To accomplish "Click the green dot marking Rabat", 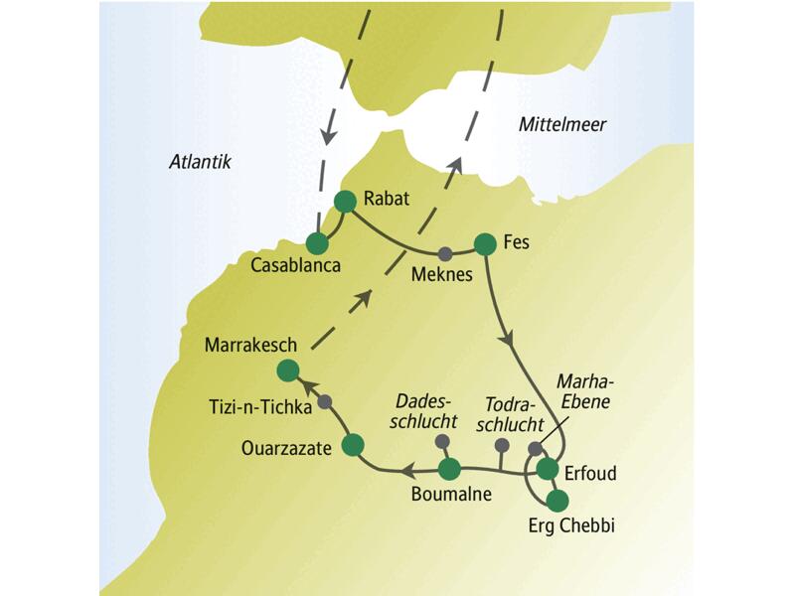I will coord(345,202).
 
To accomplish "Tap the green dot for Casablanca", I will coord(317,242).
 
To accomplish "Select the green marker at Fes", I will coord(485,243).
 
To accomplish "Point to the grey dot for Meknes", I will coord(445,252).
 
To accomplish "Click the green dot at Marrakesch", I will coord(287,371).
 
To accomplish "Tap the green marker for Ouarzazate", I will coord(352,446).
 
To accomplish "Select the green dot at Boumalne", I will coord(449,468).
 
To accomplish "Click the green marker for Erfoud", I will coord(547,469).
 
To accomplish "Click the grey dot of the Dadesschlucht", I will coord(442,441).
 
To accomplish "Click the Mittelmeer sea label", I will coord(561,124).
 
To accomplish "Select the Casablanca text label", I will coord(294,266).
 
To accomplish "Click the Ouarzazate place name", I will coord(287,448).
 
